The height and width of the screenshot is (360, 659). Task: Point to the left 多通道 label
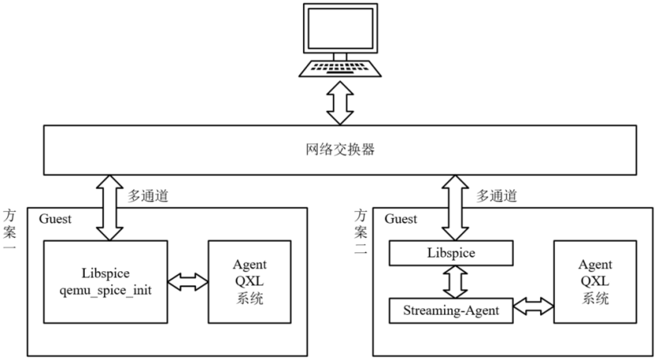point(148,194)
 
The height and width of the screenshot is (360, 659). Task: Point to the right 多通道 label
point(498,194)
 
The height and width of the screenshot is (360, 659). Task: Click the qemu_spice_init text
point(106,290)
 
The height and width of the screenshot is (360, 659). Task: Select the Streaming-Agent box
point(451,311)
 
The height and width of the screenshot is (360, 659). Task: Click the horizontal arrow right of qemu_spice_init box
point(189,281)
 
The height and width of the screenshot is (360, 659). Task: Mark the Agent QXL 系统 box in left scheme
point(250,281)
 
